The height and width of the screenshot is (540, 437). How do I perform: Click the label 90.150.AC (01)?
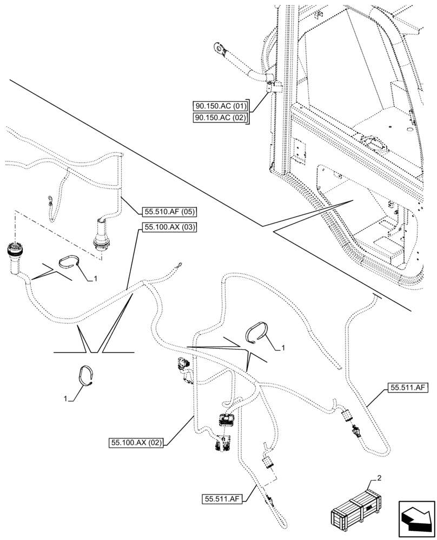pos(220,106)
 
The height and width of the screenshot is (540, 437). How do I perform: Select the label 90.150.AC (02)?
pos(220,118)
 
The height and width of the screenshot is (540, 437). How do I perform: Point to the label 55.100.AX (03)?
pos(169,227)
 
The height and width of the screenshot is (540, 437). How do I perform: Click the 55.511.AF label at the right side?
pos(408,387)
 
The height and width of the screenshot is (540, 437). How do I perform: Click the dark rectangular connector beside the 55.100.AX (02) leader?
pos(226,418)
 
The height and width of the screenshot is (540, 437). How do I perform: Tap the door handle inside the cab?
pos(373,142)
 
